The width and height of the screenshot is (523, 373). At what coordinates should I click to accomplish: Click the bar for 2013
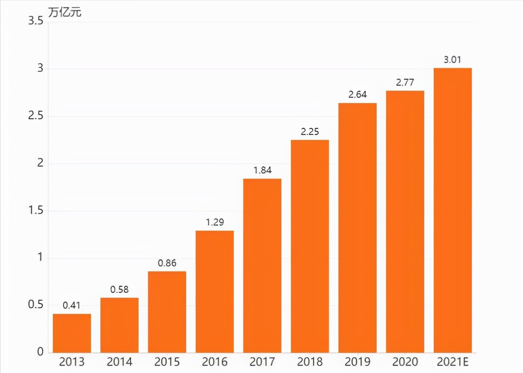(x=72, y=333)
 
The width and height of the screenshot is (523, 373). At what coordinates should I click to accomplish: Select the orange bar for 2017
(x=262, y=266)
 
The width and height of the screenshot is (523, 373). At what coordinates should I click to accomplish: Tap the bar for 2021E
(x=452, y=210)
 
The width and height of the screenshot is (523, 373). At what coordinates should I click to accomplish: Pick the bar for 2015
(x=167, y=312)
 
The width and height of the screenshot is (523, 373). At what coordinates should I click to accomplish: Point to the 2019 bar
(x=357, y=228)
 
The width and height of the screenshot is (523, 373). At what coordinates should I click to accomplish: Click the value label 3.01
(x=452, y=60)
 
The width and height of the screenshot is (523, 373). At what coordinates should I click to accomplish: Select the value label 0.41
(x=72, y=305)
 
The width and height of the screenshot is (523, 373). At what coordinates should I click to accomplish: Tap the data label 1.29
(x=215, y=222)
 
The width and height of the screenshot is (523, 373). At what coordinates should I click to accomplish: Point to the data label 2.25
(x=310, y=131)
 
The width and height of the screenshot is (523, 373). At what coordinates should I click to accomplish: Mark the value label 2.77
(x=405, y=82)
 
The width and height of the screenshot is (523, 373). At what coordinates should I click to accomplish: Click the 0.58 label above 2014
(x=119, y=289)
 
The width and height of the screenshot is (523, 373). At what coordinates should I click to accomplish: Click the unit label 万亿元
(x=65, y=12)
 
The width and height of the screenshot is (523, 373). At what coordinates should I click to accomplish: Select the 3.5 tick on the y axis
(x=35, y=21)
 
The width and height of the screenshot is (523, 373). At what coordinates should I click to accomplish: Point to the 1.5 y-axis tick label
(x=35, y=210)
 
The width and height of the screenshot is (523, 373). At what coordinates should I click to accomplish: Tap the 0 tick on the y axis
(x=40, y=352)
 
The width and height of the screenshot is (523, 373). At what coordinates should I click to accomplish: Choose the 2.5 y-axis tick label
(x=35, y=116)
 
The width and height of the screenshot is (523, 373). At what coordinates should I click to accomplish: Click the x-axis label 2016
(x=215, y=362)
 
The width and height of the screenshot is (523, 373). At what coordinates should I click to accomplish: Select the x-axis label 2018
(x=310, y=362)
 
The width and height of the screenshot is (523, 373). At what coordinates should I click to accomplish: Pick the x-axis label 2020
(x=405, y=362)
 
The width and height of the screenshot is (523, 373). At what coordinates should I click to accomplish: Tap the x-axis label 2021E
(x=453, y=362)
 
